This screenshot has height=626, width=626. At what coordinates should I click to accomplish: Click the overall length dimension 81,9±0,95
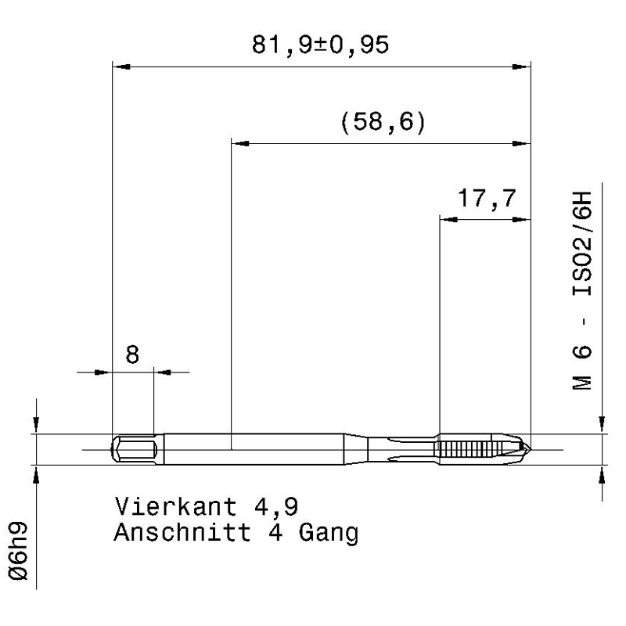pos(320,45)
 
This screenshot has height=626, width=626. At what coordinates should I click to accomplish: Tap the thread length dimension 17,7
pos(487,199)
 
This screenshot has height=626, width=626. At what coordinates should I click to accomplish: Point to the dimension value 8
pos(132,354)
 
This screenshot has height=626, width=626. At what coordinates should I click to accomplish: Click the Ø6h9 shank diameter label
pos(18,551)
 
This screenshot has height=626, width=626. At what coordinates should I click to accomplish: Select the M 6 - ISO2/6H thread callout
pos(581,290)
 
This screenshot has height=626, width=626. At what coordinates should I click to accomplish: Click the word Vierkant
pos(175,506)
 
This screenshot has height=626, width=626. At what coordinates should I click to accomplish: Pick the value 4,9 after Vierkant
pos(276,507)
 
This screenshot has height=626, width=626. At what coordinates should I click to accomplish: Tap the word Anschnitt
pos(182,532)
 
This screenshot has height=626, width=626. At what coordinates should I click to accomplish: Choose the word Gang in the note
pos(329,534)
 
